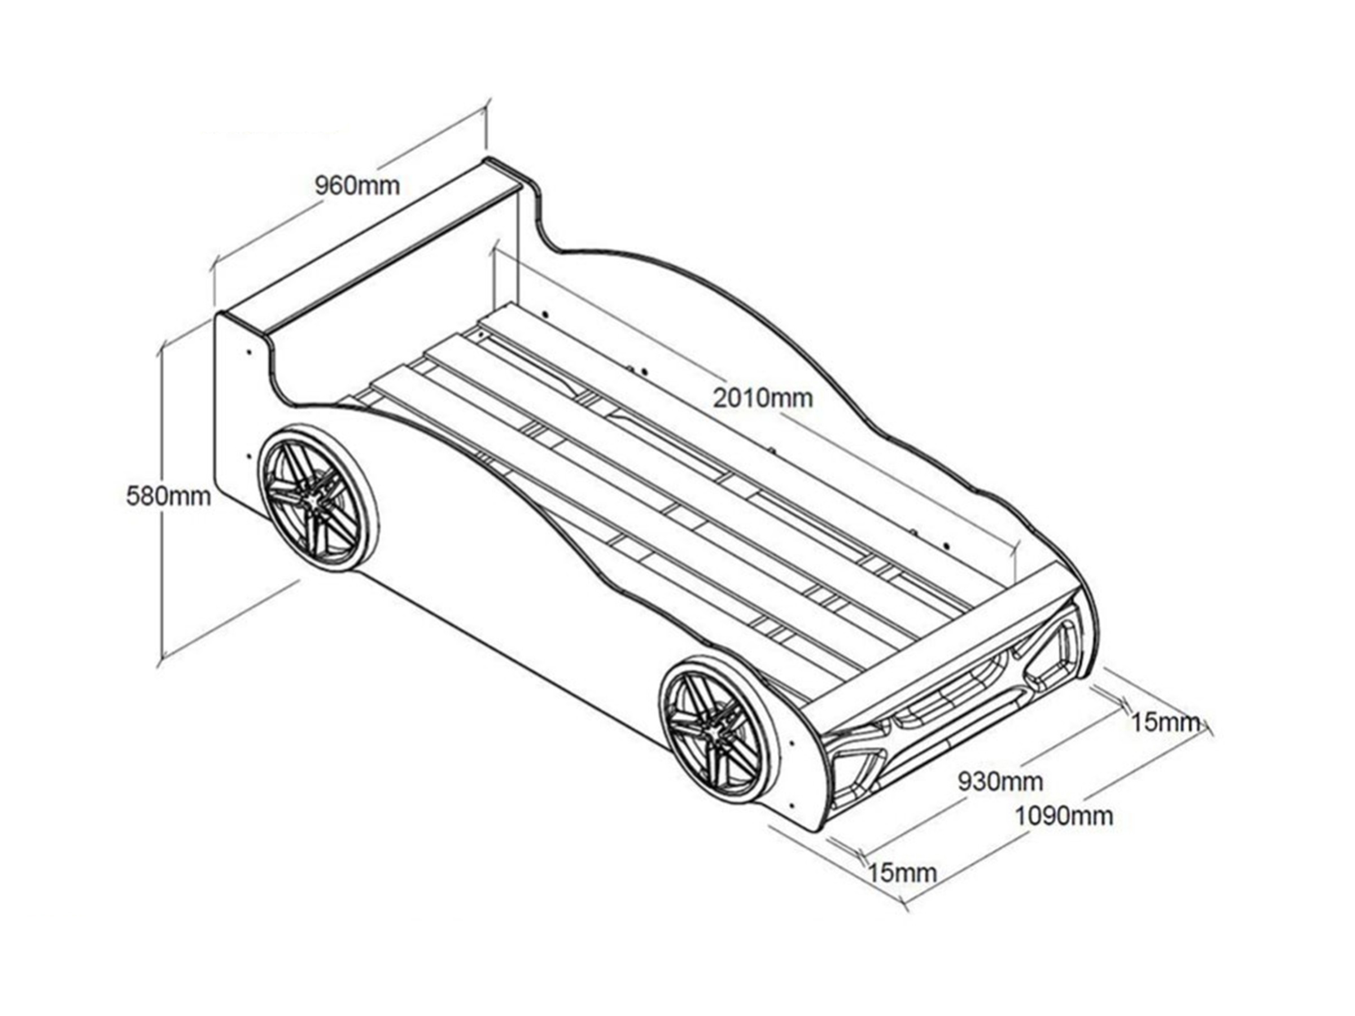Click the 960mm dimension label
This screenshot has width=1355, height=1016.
pos(357,185)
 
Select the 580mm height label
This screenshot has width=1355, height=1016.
pos(168,497)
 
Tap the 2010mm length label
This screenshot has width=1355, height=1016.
pos(763,398)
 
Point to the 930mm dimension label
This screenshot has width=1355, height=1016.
pos(1000,781)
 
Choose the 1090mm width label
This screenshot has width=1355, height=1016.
pos(1064,816)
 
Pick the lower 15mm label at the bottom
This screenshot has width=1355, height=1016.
pos(902,873)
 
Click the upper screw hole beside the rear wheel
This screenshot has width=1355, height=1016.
pos(249,353)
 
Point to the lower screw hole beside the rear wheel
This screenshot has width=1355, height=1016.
pos(249,456)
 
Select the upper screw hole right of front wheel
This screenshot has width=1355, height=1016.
pos(792,742)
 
